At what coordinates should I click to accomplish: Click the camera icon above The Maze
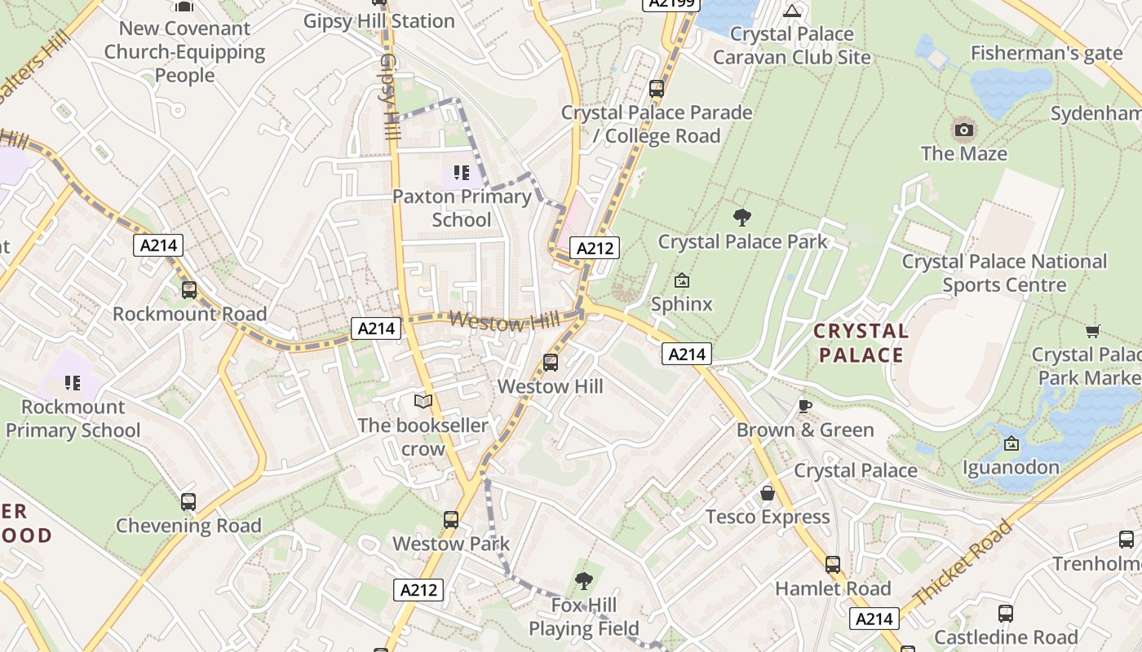point(963,130)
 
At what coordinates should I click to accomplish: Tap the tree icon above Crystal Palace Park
point(741,218)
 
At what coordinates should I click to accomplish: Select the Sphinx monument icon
point(682,281)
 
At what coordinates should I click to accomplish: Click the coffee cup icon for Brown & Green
point(805,406)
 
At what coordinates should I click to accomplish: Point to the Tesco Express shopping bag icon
point(768,493)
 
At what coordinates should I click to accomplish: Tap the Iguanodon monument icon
point(1011,443)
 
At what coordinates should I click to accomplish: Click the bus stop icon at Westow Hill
point(551,363)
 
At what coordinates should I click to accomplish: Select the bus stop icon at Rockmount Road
point(189,290)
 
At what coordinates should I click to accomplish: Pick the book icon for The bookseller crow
point(423,401)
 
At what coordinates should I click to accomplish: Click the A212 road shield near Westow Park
point(419,589)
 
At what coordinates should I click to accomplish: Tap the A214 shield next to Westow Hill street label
point(376,328)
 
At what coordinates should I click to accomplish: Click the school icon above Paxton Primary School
point(462,173)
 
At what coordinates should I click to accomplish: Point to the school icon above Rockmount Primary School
point(73,382)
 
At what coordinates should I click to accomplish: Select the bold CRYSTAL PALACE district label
point(861,343)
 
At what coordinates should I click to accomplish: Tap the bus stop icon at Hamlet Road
point(832,564)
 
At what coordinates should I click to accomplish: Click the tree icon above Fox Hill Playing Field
point(583,581)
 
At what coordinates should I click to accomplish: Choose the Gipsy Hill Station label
point(378,21)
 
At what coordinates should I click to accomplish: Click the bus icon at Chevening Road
point(188,502)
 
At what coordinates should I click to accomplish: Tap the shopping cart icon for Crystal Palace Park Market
point(1092,331)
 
